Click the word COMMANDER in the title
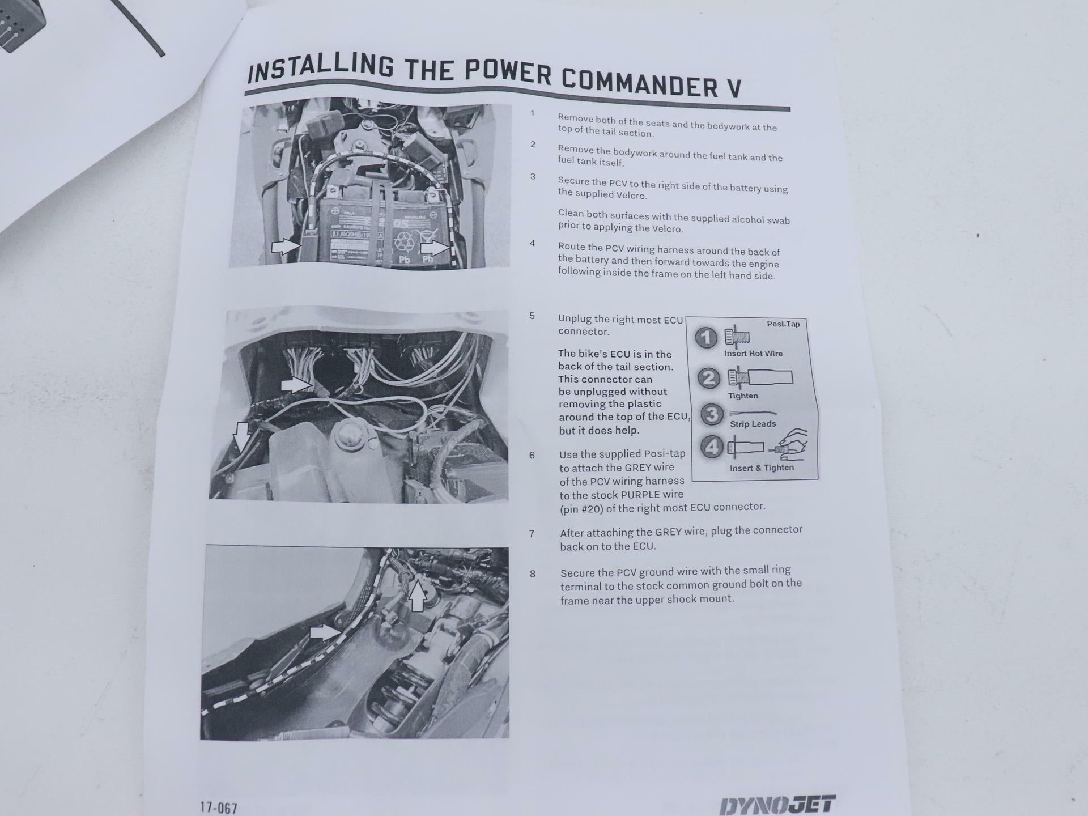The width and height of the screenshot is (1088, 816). (x=639, y=82)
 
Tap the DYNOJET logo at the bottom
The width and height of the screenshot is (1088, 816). (x=777, y=805)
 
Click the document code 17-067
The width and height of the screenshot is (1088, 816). (x=219, y=807)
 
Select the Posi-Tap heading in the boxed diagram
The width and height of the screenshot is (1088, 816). (x=783, y=324)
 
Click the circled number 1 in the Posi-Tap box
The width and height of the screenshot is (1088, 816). (x=706, y=338)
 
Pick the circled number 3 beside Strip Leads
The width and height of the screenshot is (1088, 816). (x=712, y=414)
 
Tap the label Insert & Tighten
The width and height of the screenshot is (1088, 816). (x=762, y=468)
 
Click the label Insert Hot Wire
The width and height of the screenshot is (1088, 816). (x=753, y=354)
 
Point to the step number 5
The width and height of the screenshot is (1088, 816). (x=532, y=316)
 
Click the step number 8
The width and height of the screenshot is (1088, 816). (x=532, y=574)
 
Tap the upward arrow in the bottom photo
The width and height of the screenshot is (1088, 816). (x=418, y=596)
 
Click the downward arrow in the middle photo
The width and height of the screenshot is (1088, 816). (x=242, y=436)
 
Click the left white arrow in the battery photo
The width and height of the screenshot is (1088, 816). (x=286, y=246)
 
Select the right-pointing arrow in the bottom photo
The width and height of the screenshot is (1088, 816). (x=325, y=632)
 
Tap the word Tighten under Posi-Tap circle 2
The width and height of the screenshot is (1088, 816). (x=743, y=396)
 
